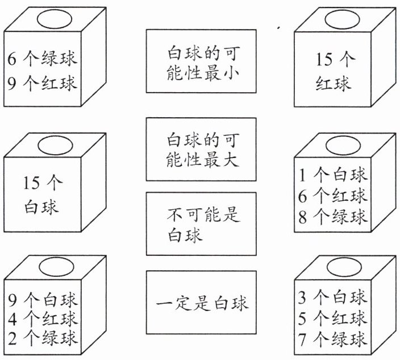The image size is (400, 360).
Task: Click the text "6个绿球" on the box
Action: pos(43,58)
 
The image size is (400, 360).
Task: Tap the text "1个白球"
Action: pos(333,174)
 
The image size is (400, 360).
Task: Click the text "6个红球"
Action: pos(333,195)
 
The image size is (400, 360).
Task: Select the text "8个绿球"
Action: pos(333,216)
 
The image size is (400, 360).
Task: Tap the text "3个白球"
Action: pos(333,297)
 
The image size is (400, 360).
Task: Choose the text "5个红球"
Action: pos(333,318)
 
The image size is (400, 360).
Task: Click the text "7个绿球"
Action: pos(333,339)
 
